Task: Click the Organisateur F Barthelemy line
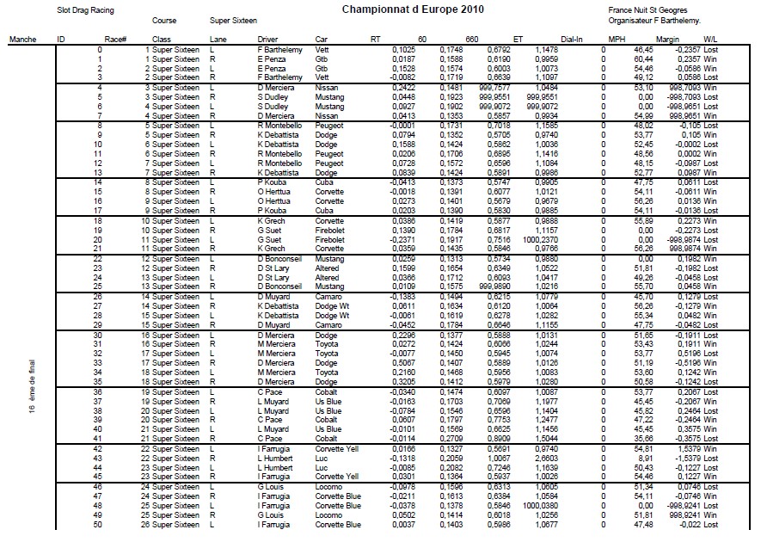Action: [654, 20]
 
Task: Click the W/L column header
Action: [710, 40]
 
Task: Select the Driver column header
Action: [267, 40]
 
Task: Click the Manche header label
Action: [21, 40]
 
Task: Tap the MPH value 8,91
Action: [637, 459]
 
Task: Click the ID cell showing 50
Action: [76, 525]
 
